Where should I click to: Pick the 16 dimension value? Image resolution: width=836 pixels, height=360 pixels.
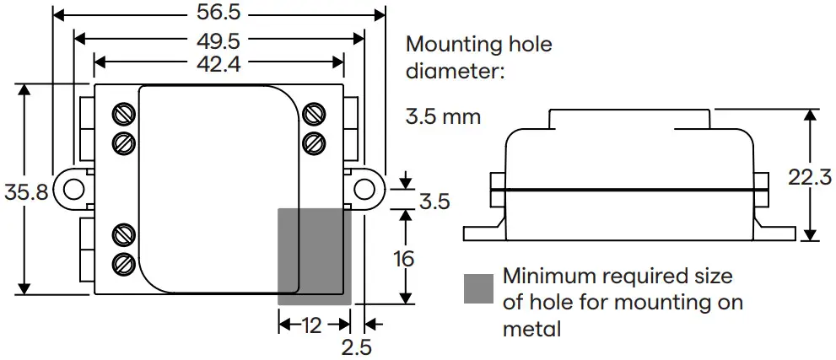406,258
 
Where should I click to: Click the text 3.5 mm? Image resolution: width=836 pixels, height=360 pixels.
443,116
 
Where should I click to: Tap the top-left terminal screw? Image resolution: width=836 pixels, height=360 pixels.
123,113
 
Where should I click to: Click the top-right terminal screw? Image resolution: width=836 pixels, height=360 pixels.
314,112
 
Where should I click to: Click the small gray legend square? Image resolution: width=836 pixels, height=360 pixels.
478,288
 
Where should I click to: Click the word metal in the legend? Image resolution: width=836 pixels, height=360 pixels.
531,329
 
